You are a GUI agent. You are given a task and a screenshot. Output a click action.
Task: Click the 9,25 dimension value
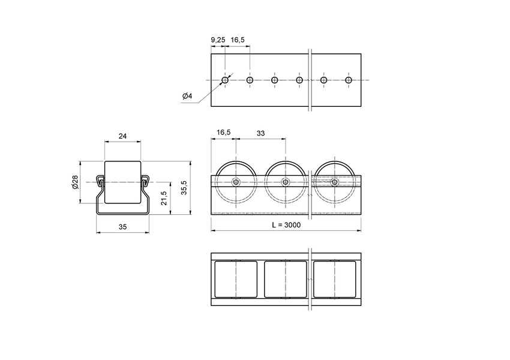(x=218, y=40)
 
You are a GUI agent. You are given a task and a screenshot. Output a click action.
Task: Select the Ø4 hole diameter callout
(x=187, y=97)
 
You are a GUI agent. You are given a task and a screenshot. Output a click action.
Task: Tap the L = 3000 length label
(x=286, y=225)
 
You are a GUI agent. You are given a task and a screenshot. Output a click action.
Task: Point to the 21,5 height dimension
(x=164, y=198)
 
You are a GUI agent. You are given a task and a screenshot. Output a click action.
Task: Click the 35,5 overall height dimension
(x=184, y=187)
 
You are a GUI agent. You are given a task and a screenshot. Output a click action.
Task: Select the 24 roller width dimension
(x=122, y=136)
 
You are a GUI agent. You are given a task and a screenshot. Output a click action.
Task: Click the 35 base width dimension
(x=122, y=227)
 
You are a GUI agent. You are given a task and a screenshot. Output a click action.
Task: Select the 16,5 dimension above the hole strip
(x=238, y=40)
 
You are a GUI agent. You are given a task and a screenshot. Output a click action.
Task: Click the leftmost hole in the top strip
(x=225, y=80)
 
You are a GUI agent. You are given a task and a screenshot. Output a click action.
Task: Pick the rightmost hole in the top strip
(x=349, y=80)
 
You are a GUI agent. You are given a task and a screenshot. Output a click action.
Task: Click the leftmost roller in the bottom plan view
(x=236, y=279)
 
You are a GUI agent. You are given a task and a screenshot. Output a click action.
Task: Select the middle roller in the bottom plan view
(x=286, y=279)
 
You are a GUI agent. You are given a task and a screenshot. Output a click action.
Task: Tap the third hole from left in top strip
(x=274, y=80)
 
